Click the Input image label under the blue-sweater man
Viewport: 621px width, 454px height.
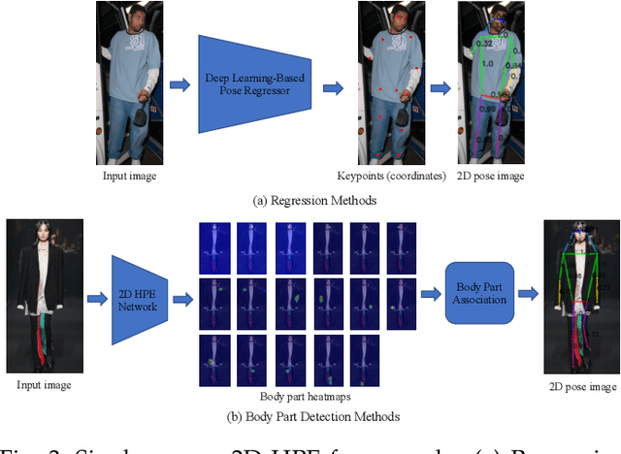click(130, 176)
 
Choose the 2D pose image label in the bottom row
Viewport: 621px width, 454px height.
click(582, 386)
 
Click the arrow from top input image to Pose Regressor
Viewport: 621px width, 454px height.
click(180, 85)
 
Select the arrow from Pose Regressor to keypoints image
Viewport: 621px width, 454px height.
click(334, 86)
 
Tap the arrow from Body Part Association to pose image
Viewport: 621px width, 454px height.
click(528, 291)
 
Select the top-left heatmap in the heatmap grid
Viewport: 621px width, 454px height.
click(212, 248)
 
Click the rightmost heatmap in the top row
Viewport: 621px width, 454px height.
click(401, 248)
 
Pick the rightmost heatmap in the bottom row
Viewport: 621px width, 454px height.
click(363, 359)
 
